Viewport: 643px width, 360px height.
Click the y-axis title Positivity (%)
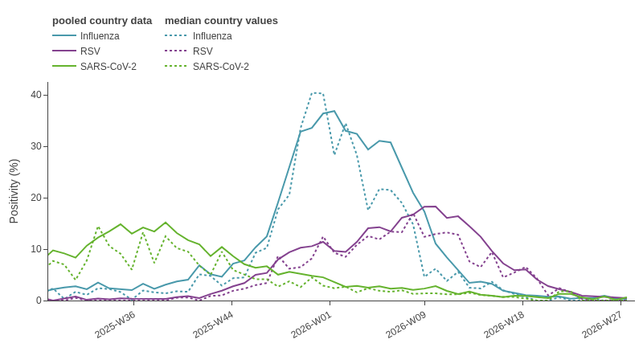coord(14,191)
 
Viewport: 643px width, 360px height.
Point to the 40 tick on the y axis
coord(36,95)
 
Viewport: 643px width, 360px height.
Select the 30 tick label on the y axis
coord(36,146)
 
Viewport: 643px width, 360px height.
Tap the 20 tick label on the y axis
coord(36,198)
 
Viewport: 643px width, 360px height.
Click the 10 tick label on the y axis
coord(36,249)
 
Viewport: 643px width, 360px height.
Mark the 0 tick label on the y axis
coord(39,301)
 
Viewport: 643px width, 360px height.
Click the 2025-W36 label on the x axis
coord(115,325)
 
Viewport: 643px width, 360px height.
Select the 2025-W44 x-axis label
coord(213,325)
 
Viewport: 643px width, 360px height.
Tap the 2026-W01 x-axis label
coord(311,325)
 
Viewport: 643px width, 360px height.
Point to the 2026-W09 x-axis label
coord(406,325)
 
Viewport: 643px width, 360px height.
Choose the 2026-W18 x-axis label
coord(504,325)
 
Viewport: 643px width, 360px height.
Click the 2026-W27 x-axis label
coord(602,325)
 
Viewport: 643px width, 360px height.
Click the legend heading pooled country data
coord(102,21)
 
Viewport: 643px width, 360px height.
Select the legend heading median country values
coord(222,21)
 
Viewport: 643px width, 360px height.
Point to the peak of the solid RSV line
coord(430,207)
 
